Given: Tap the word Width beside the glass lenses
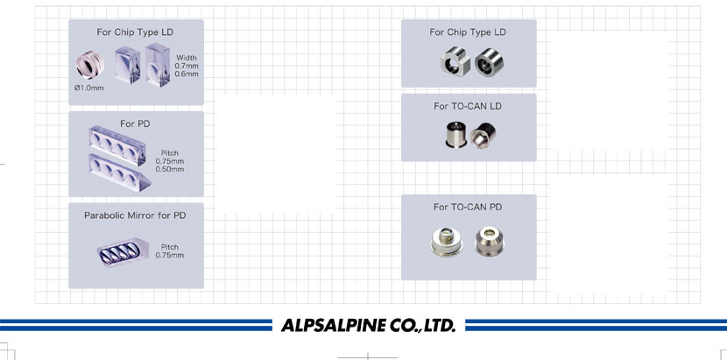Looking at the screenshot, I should coord(186,57).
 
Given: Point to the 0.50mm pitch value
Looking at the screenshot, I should coord(170,169).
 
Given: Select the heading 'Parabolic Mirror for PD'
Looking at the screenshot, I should coord(135,215).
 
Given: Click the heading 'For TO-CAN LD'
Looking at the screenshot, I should coord(468,106).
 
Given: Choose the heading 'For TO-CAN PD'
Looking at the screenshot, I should coord(468,207).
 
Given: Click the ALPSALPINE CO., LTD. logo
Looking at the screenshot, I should coord(369,326).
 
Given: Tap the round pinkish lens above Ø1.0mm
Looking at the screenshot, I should coord(89,64).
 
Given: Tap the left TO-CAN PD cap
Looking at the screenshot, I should coord(447,242).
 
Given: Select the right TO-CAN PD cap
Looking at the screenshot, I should coord(488,241).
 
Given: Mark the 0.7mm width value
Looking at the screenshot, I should coord(187,66).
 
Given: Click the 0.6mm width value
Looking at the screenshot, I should coord(187,74).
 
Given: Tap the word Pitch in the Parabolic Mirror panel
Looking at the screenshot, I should coord(170,247).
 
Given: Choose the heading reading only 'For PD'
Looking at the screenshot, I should coord(135,124).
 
